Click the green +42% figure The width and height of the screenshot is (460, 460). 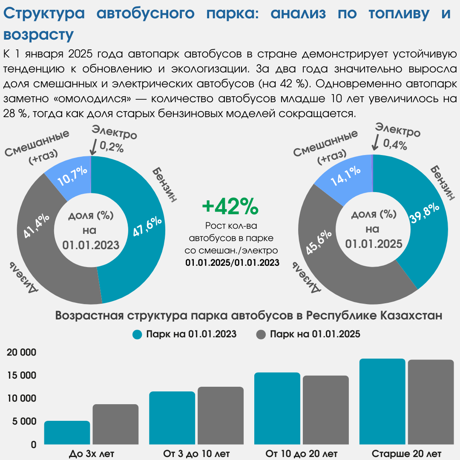230,207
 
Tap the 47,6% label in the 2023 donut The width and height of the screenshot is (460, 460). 147,228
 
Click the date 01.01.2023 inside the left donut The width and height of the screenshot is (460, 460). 91,244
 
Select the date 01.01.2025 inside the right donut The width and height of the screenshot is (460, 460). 374,244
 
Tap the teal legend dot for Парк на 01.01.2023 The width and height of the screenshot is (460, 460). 137,334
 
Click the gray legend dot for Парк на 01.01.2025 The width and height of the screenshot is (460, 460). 261,334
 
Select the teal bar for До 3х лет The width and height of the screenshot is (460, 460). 67,433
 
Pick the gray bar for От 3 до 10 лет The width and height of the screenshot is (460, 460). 221,416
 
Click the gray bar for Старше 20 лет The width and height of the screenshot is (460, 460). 431,402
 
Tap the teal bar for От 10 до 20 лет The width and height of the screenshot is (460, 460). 277,408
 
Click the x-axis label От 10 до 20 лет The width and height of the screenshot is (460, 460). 302,452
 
